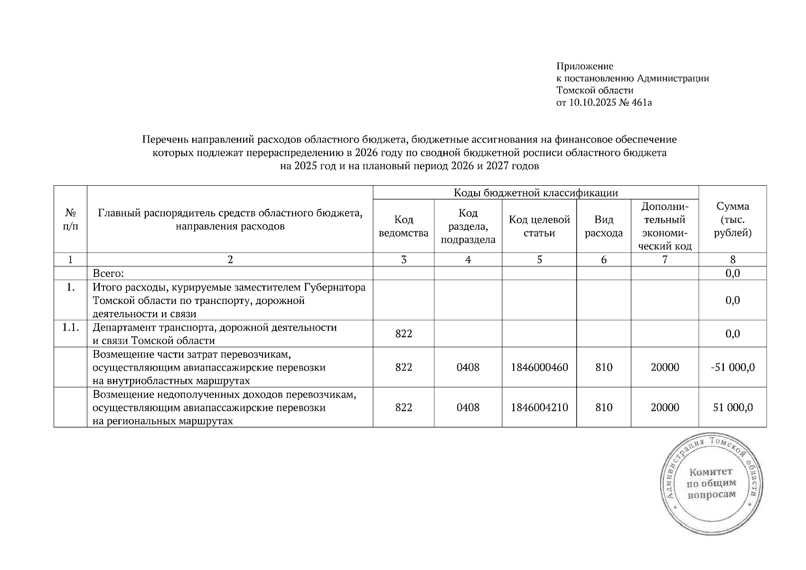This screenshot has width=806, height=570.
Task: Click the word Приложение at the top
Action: pos(584,66)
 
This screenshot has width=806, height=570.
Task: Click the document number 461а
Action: pos(641,103)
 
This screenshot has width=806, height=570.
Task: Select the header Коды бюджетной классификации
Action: pos(535,192)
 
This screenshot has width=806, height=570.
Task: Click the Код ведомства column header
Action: pos(403,226)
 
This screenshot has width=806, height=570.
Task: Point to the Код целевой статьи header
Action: pos(539,226)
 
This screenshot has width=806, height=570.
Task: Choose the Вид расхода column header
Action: pos(604,226)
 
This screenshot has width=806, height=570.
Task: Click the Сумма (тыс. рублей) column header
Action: pos(732,219)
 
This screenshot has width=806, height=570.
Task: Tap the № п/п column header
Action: pos(70,219)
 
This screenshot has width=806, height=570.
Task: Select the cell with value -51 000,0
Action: pos(732,367)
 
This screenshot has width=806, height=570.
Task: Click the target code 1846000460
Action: pos(539,367)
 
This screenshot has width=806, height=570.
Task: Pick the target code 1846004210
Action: pos(539,408)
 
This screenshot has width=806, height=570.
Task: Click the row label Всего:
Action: pos(108,273)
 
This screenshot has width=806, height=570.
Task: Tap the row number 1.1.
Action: pos(70,327)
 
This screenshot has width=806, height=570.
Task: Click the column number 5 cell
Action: pos(539,259)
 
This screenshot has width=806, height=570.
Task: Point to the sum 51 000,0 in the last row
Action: pos(732,408)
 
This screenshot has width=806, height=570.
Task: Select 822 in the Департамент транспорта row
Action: pos(403,334)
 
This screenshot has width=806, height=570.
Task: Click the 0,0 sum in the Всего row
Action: pos(732,273)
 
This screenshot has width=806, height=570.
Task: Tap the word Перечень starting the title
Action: pos(164,140)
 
